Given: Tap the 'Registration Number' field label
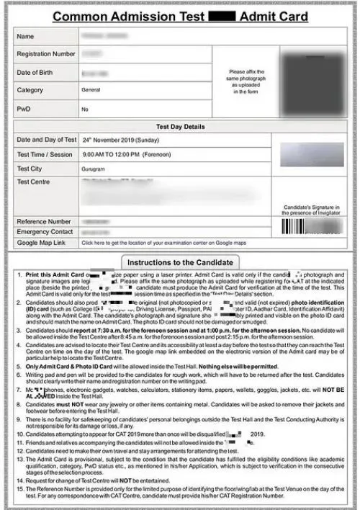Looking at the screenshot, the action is (x=46, y=54).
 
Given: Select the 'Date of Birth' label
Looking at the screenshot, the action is (x=36, y=72).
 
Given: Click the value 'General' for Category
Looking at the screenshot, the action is (x=91, y=91).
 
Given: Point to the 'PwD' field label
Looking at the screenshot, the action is (x=24, y=109).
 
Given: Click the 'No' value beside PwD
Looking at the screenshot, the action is (x=85, y=109).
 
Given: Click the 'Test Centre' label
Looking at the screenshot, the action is (x=35, y=182).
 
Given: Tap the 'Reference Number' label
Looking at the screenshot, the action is (x=43, y=222).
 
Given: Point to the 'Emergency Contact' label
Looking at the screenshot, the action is (x=45, y=233).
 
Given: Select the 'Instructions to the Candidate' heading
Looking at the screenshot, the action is (x=180, y=261).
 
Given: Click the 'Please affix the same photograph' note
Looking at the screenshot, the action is (x=246, y=81).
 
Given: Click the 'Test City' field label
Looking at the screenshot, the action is (x=30, y=169).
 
